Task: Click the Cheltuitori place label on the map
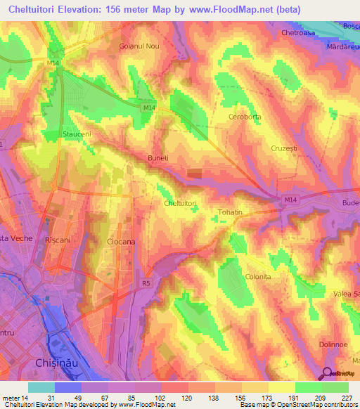[x=179, y=204]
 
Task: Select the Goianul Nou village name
[x=140, y=46]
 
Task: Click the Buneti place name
[x=158, y=159]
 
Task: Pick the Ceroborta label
[x=245, y=117]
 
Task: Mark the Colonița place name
[x=257, y=278]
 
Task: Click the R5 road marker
[x=146, y=283]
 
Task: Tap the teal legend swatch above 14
[x=41, y=387]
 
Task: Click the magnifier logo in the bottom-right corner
[x=328, y=374]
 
